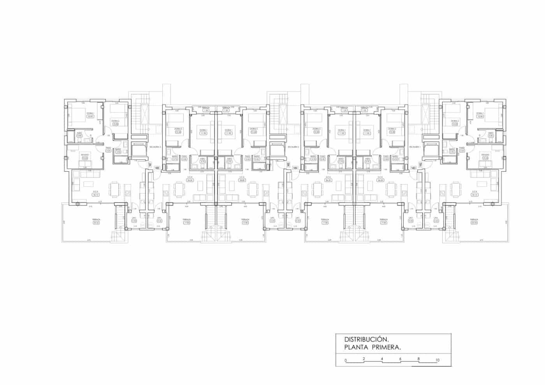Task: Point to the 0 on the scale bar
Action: (345, 360)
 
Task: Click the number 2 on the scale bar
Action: (364, 359)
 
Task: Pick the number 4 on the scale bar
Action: (382, 359)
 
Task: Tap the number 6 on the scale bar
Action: (400, 359)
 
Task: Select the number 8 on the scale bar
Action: (418, 359)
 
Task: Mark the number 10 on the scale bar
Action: (438, 360)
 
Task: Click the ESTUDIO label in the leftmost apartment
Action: (85, 155)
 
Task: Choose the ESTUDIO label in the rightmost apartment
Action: (485, 155)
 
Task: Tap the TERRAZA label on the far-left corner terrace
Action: (96, 220)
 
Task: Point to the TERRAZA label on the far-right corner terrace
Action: (474, 220)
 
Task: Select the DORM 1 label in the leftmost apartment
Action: (90, 113)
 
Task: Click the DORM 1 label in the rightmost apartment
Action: (480, 113)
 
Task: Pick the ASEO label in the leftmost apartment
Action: (79, 133)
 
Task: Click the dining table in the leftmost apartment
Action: (114, 190)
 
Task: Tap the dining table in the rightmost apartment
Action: (455, 190)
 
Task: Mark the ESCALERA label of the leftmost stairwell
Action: (155, 147)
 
